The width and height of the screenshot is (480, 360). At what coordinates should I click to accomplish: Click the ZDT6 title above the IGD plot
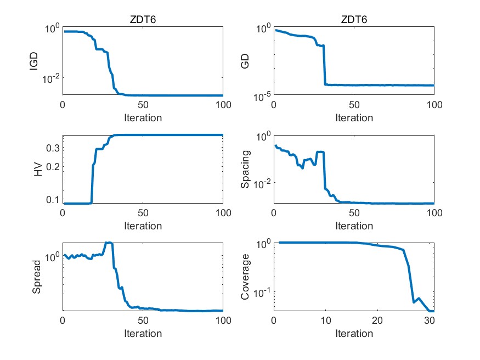click(x=143, y=20)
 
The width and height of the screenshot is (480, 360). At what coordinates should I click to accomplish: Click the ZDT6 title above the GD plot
click(x=354, y=20)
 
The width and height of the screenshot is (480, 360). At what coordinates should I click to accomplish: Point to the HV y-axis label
click(x=38, y=170)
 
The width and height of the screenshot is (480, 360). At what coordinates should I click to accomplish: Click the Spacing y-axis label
click(x=245, y=170)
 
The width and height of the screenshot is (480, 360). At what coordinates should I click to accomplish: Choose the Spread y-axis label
click(x=37, y=277)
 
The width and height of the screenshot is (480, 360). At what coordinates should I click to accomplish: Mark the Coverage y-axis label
click(x=245, y=277)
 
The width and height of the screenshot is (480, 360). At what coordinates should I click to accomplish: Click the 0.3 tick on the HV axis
click(x=52, y=148)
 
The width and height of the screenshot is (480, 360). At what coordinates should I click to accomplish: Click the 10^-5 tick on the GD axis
click(x=261, y=97)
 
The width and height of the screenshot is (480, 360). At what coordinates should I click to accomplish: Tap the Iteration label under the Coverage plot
click(x=354, y=333)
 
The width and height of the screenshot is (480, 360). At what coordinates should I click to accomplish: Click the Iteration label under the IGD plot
click(x=143, y=117)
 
